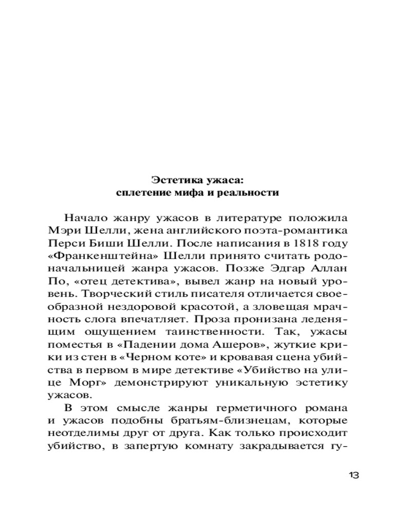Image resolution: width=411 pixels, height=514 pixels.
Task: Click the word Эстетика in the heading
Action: point(172,180)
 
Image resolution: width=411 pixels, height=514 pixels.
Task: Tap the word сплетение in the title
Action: point(140,193)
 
